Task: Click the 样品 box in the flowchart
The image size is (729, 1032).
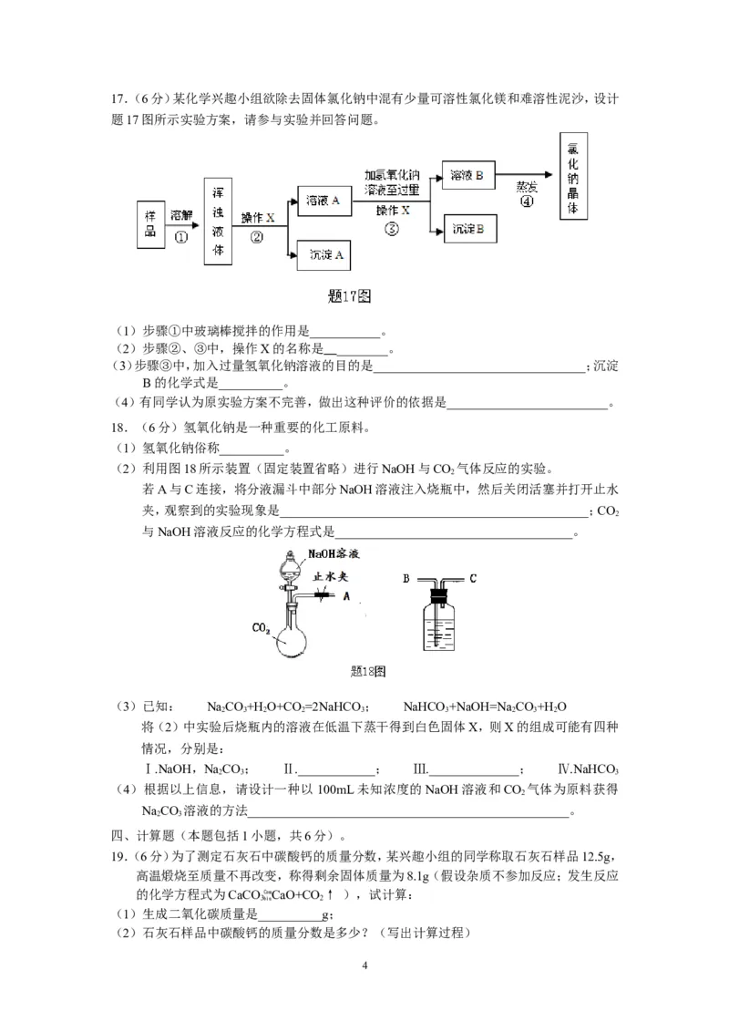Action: (151, 223)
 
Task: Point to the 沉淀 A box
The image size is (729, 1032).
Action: (324, 255)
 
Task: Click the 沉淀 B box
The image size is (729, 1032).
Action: (467, 228)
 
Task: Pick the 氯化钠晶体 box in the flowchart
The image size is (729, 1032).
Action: (572, 175)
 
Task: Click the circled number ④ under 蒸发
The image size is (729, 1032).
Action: (526, 202)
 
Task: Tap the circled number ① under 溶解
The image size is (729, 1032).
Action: (180, 235)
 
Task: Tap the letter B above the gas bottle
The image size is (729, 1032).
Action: (407, 577)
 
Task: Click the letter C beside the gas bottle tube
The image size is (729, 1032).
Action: (473, 577)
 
